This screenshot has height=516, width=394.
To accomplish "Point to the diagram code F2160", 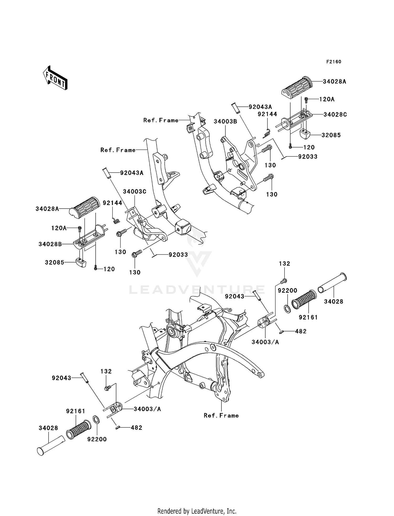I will coord(334,62).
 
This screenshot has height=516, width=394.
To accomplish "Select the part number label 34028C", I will coord(335,115).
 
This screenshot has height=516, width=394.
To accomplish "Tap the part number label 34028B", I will coord(50,244).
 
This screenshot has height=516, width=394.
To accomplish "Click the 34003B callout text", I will coord(225,122).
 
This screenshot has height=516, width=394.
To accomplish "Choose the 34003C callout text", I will coord(134,192).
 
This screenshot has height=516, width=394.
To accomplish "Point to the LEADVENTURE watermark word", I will coord(197,290).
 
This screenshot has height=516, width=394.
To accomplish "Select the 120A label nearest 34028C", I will coord(327,99).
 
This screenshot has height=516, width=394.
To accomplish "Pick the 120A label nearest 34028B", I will coord(59,228).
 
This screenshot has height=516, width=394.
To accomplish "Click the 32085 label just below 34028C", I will coord(331,135).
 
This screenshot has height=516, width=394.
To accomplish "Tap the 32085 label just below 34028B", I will coord(55,262).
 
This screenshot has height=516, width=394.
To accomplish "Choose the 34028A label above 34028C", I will coord(334,82).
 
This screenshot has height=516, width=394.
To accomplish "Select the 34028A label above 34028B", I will coord(47,209).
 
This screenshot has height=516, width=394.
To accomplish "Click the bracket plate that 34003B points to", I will coord(239,163).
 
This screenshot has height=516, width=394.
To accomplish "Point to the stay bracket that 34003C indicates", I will coord(147,229).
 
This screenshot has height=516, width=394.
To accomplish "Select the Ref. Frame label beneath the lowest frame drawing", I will coord(221,415).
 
